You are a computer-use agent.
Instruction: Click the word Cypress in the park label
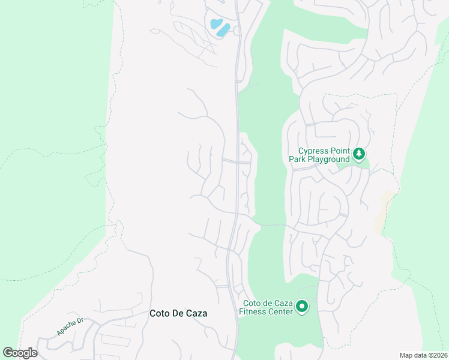coord(313,151)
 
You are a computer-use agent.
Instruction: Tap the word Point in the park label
coord(339,151)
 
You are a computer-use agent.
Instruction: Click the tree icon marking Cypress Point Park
coord(359,154)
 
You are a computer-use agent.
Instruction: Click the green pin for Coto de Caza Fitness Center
coord(302,307)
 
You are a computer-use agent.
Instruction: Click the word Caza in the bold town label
coord(202,313)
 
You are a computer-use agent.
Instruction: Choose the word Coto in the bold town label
coord(160,313)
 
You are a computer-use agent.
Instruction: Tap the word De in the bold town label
coord(181,313)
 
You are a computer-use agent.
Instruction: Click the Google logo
coord(20,353)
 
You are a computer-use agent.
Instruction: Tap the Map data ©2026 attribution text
coord(423,355)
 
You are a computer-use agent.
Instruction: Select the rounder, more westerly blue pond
coord(215,24)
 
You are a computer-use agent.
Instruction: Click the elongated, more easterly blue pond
coord(224,28)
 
